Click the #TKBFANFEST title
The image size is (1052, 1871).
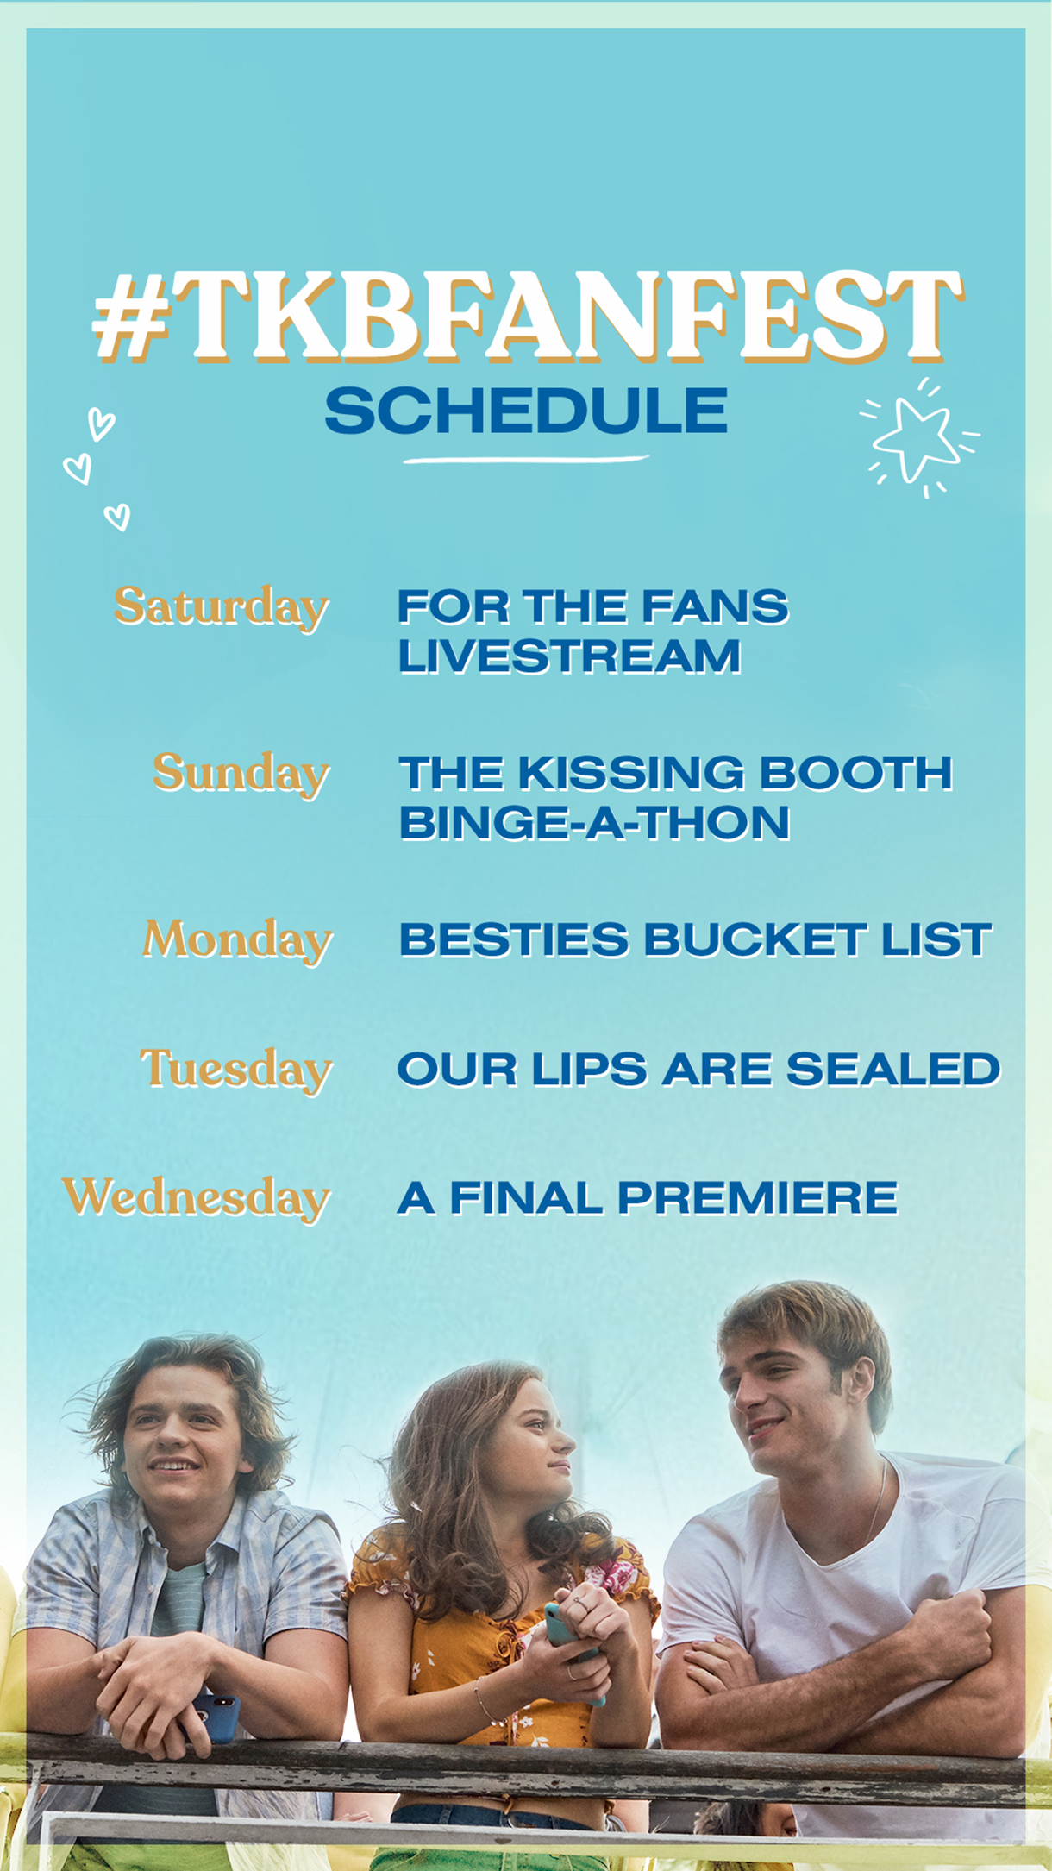[x=527, y=317]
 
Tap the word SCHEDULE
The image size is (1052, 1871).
[x=526, y=411]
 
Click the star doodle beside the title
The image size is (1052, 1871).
[x=917, y=438]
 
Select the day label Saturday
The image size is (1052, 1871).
[x=222, y=608]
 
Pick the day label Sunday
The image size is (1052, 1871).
[x=241, y=774]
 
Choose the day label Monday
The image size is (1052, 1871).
[x=237, y=940]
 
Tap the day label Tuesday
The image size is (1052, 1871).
[x=236, y=1070]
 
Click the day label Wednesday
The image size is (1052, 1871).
[x=197, y=1198]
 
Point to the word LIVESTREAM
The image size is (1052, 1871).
[x=569, y=656]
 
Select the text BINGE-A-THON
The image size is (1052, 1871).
[x=594, y=823]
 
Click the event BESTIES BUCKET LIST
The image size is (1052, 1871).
[x=695, y=940]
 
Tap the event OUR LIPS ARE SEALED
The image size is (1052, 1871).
[x=698, y=1070]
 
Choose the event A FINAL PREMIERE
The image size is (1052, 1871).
[x=648, y=1198]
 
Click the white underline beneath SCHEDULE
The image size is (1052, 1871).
[x=525, y=459]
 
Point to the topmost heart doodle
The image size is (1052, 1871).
[x=101, y=424]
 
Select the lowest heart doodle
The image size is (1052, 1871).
[x=117, y=517]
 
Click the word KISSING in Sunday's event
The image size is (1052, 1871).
[x=631, y=773]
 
